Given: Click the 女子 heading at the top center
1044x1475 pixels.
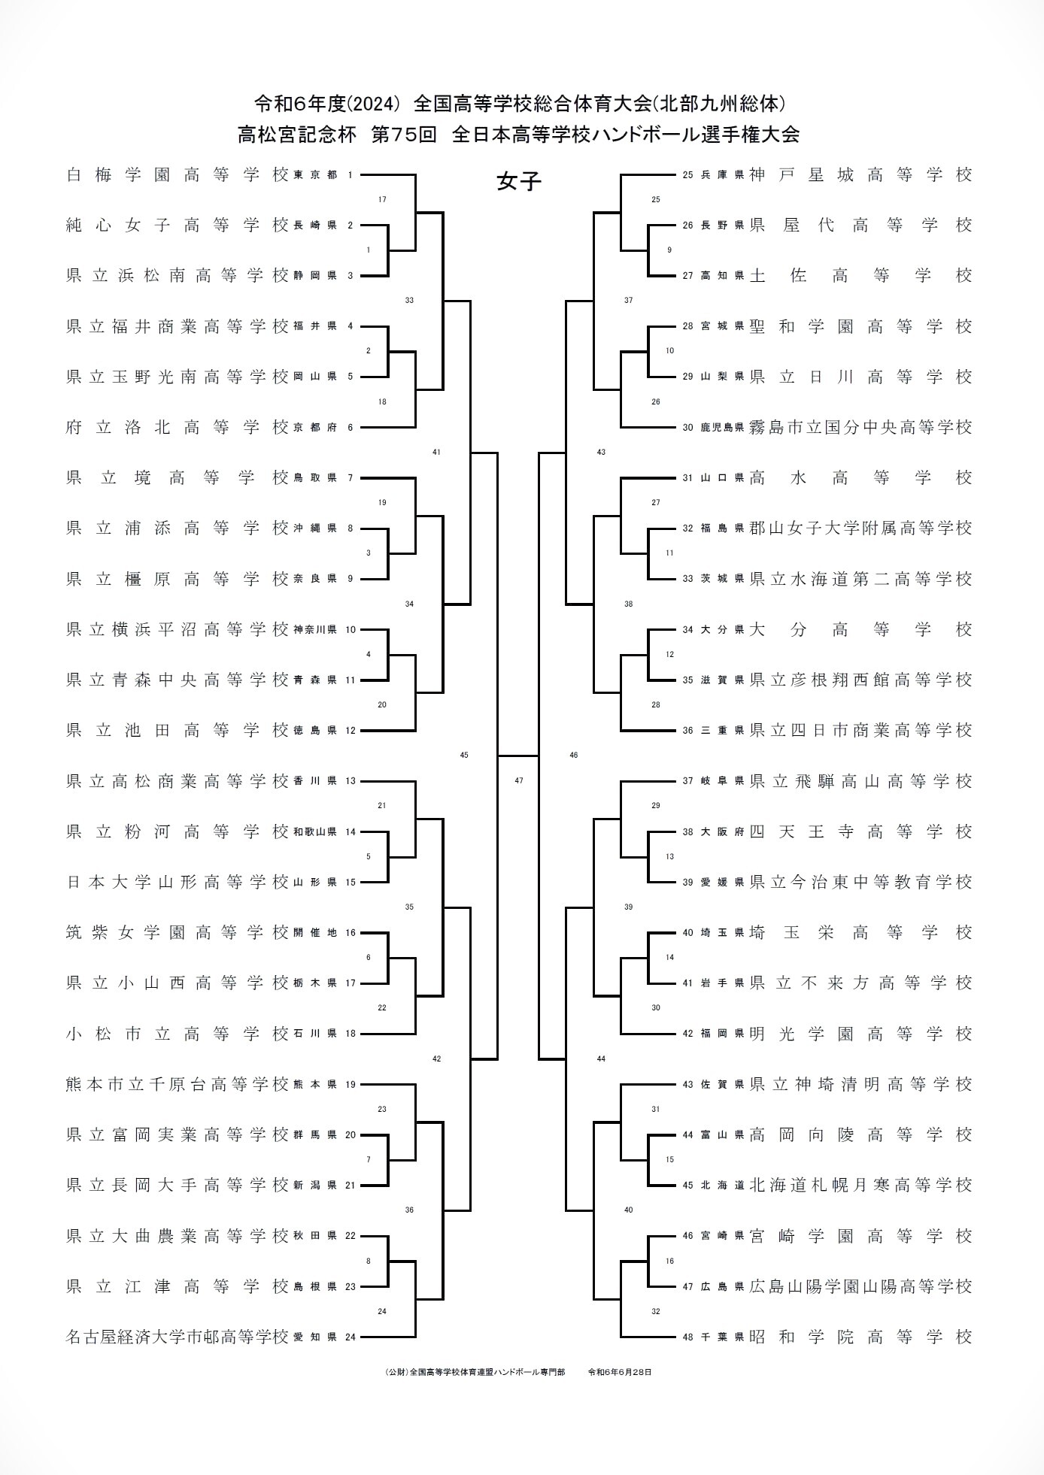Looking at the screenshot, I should [519, 182].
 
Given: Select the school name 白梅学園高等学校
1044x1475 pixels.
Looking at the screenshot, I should [178, 175].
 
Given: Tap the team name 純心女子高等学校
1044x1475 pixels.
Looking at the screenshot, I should [178, 226].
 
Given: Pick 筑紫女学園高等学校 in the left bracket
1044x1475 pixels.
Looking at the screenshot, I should [178, 933].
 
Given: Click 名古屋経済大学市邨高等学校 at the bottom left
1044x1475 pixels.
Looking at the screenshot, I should [178, 1337].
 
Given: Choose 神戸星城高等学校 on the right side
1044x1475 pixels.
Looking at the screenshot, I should [860, 175].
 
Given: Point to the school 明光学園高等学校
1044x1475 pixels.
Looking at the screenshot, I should [860, 1034].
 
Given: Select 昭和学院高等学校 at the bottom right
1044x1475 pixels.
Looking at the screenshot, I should [860, 1337].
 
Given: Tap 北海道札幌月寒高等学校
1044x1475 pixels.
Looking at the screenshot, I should [860, 1186].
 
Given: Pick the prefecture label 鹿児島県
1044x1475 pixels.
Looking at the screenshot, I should [723, 428].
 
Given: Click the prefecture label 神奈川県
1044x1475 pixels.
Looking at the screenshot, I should [315, 630].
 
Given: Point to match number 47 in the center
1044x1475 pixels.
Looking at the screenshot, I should [519, 781].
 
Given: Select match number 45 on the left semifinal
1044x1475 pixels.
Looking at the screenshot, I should [464, 755].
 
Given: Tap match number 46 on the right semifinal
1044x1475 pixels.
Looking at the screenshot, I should [574, 755].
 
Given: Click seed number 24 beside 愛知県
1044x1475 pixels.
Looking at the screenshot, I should [350, 1337].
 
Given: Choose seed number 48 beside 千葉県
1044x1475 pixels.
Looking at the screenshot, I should [687, 1337].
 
